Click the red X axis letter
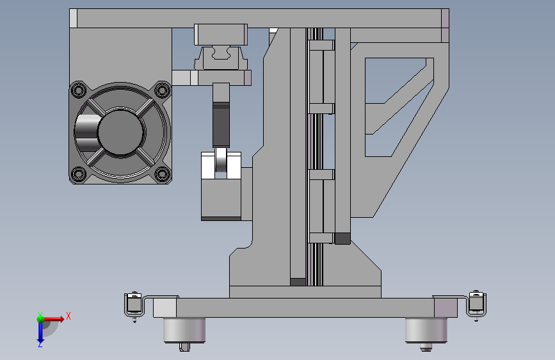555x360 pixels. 68,316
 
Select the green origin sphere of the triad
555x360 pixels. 41,319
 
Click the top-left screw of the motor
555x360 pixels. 79,90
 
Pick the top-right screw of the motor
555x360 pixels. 163,90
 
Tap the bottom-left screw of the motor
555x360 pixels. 79,174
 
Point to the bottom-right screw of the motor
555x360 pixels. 163,174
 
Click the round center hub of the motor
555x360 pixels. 121,132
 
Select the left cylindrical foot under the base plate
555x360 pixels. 184,331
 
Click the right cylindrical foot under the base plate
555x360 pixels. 426,331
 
